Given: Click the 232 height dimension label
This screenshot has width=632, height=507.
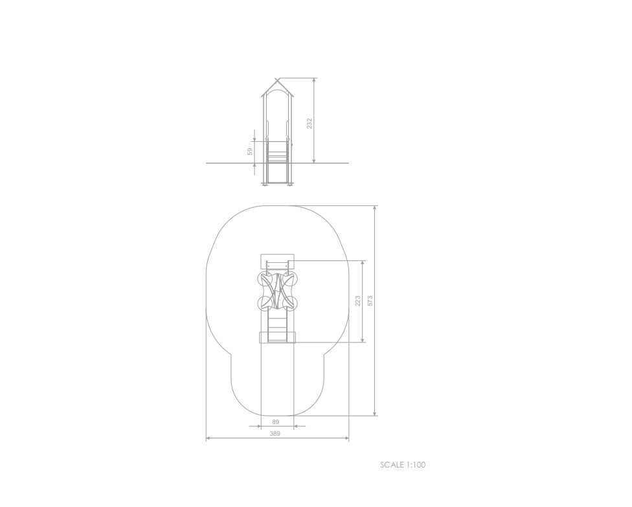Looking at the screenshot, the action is point(309,123).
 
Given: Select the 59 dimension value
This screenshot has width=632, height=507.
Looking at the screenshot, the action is point(250,152).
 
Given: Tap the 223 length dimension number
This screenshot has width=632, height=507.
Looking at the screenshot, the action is point(357,301).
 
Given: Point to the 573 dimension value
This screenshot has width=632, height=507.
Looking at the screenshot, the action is point(370,301).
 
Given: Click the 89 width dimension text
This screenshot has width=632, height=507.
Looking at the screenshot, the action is point(276,422).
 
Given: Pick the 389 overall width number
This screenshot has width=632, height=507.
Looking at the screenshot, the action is point(275,434).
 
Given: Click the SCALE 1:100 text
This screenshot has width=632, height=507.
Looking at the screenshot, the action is point(403,465).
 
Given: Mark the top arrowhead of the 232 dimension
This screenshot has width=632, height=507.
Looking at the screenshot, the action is point(314,80).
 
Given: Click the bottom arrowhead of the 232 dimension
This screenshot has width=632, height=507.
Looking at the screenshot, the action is point(314,161).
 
